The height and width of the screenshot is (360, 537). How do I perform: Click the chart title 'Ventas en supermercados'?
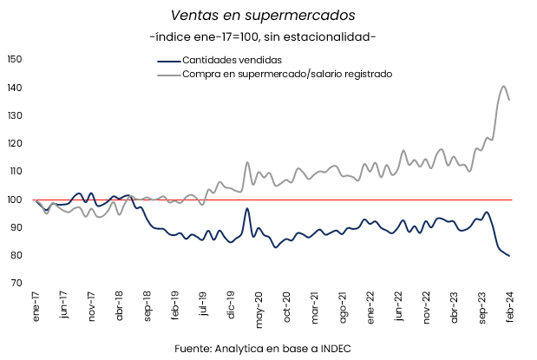click(x=262, y=16)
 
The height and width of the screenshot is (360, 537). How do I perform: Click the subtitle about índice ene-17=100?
click(x=262, y=37)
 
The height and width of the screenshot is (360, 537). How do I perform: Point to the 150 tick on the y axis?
click(x=13, y=59)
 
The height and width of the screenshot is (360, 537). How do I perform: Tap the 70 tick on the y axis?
click(x=15, y=283)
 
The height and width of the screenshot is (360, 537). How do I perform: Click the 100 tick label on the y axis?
click(x=13, y=200)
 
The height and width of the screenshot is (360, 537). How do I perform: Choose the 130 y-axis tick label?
click(x=13, y=115)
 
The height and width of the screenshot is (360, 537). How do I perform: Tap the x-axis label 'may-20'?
click(x=259, y=308)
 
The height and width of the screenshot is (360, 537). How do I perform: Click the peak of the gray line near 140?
click(x=504, y=86)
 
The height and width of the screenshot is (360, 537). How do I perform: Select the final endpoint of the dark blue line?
click(x=509, y=256)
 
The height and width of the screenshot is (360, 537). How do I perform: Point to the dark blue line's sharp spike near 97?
click(x=247, y=208)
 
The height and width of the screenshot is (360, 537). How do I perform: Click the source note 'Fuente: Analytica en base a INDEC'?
click(x=262, y=348)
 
